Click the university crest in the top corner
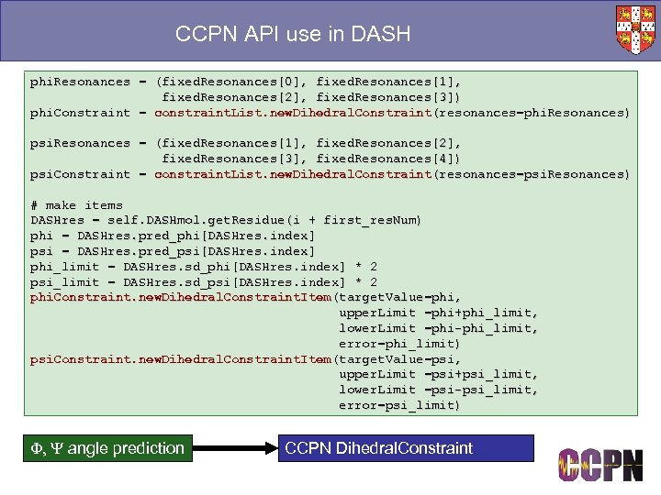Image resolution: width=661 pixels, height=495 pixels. click(636, 29)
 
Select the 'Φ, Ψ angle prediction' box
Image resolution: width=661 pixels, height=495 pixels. click(104, 448)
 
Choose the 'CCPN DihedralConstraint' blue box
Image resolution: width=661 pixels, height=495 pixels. click(405, 448)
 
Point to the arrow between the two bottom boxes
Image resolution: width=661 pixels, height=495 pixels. click(233, 448)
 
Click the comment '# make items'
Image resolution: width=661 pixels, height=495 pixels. click(76, 205)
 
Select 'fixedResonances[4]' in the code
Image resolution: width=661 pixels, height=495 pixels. click(392, 159)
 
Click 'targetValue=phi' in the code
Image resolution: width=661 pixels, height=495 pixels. click(398, 297)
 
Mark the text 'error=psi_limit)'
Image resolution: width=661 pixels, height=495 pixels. click(399, 405)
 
